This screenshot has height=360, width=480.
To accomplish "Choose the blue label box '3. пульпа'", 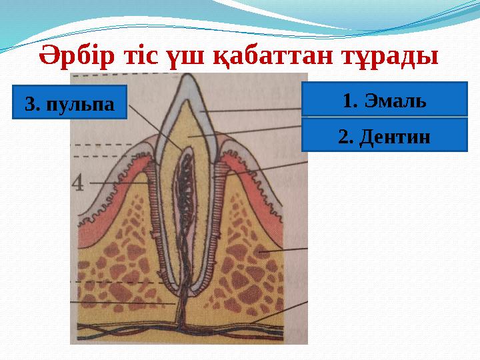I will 69,102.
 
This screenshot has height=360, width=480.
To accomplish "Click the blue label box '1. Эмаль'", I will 384,100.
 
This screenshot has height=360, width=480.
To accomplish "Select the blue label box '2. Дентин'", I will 384,135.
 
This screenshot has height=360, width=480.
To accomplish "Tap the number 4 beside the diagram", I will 79,182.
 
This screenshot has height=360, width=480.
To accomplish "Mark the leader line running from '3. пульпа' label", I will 153,127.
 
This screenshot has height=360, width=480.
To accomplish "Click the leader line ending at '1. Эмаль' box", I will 253,110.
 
